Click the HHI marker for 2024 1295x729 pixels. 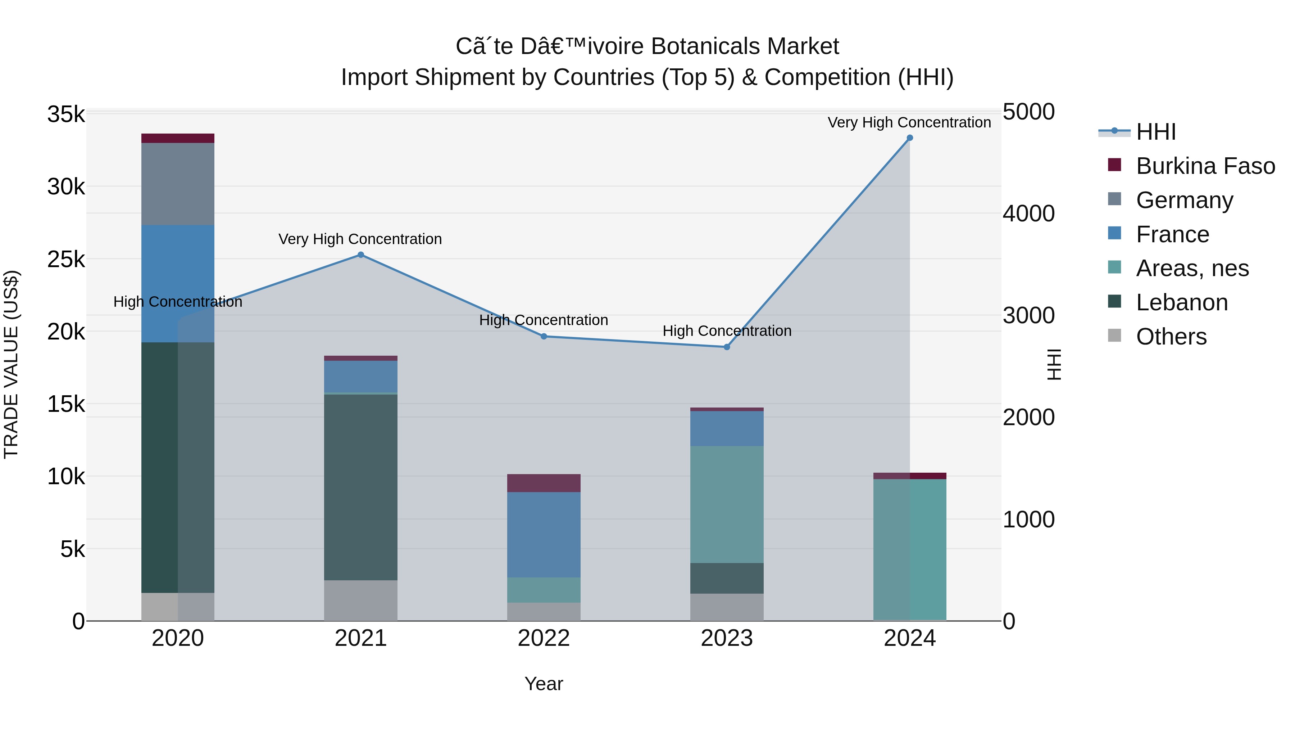[909, 138]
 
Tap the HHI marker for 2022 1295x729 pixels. [544, 337]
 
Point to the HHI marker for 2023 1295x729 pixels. [726, 347]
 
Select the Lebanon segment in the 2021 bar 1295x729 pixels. [360, 487]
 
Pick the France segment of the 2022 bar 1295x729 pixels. [544, 535]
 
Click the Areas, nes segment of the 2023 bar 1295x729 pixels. [726, 505]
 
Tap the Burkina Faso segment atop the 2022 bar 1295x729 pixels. [544, 483]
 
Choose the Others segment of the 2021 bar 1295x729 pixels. [360, 601]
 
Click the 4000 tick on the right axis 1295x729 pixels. [1028, 214]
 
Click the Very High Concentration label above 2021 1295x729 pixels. [360, 239]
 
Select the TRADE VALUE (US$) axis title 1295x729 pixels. [11, 364]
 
